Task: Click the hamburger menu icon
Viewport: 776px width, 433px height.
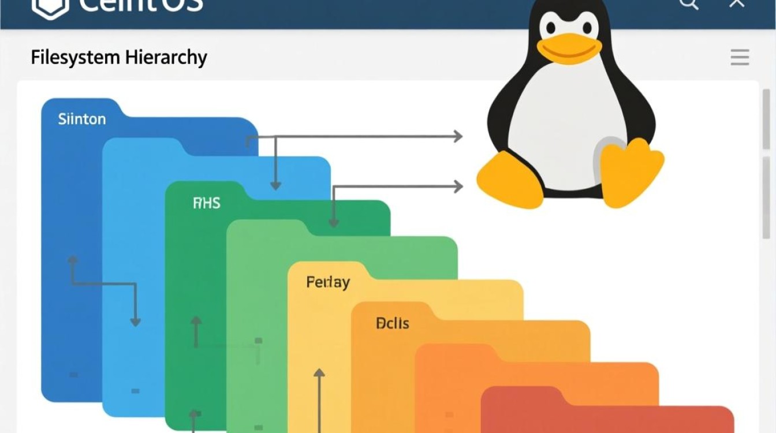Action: tap(740, 57)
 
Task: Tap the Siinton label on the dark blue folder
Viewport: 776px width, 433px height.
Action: tap(82, 120)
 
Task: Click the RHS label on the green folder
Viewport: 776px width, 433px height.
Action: tap(207, 203)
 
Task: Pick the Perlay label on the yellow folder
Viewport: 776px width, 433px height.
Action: tap(328, 282)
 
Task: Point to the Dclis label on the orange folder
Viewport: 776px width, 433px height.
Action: tap(392, 323)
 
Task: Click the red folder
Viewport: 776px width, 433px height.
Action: tap(606, 416)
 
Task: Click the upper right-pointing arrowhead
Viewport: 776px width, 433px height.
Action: tap(458, 137)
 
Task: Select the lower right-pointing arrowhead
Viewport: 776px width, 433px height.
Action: tap(458, 186)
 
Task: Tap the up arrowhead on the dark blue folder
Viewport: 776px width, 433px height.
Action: tap(73, 261)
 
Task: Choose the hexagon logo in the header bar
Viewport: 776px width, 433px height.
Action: tap(50, 7)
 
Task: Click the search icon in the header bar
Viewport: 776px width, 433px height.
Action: tap(689, 5)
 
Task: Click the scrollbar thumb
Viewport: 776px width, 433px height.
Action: tap(766, 167)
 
